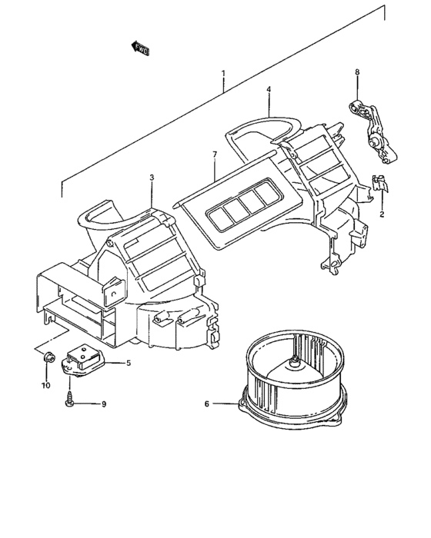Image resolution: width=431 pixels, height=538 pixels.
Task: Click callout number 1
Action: point(223,74)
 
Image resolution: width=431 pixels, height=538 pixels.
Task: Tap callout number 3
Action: point(152,178)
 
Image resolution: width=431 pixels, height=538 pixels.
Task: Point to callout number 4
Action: point(269,89)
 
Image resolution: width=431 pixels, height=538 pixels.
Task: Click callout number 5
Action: point(129,363)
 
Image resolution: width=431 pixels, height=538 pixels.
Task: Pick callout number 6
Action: point(206,403)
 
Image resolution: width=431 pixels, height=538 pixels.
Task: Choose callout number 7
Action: point(215,155)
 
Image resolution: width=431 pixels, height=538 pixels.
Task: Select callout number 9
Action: point(104,403)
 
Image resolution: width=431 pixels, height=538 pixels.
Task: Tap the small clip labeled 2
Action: point(377,184)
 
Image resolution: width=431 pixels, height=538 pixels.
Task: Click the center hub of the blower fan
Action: point(296,362)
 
